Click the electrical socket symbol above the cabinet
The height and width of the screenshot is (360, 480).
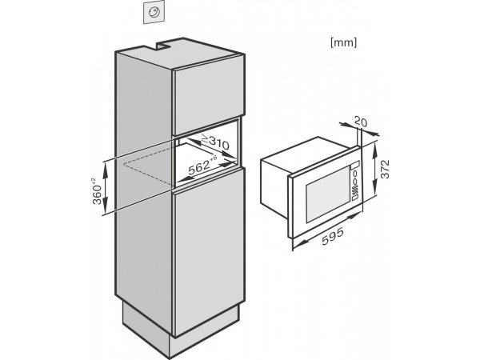[154, 12]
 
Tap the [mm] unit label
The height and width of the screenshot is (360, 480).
[343, 42]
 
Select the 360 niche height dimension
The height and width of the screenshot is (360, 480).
[98, 191]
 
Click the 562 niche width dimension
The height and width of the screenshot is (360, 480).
[202, 166]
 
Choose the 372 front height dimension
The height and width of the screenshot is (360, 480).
[385, 169]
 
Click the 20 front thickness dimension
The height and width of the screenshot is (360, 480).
[360, 122]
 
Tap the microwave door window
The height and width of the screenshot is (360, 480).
[328, 194]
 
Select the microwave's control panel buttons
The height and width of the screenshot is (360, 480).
[355, 182]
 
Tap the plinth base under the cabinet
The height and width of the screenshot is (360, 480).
[181, 327]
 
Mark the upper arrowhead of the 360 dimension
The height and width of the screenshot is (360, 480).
[105, 167]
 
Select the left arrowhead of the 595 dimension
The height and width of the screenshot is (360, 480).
[298, 243]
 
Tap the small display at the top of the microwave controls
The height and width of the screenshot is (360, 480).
[355, 165]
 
